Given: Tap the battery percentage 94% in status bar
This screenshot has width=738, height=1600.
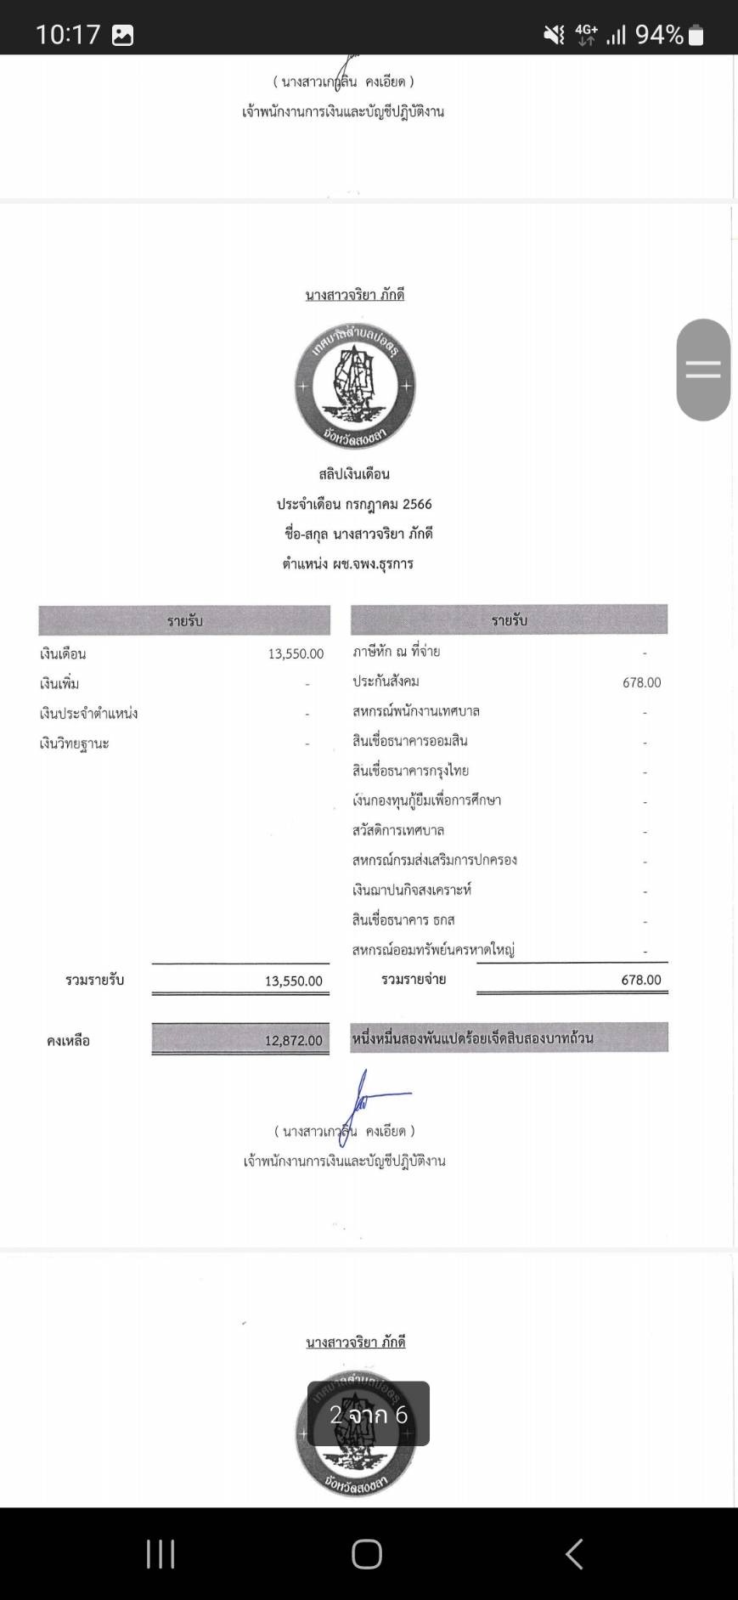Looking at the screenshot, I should pos(659,35).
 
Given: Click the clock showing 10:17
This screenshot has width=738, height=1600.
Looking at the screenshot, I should pos(68,35).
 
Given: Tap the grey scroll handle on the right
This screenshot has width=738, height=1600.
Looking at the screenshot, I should pos(703,370).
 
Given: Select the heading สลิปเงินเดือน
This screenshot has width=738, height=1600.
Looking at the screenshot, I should pos(354,474).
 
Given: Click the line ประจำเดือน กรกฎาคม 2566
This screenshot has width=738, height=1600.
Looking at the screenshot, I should pos(354,504).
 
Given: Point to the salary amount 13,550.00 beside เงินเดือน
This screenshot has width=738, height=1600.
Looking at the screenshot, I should pos(296,653).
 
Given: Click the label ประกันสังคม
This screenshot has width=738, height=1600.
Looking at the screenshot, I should pos(386,681).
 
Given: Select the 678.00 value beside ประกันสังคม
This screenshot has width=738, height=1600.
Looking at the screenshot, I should pos(641,682).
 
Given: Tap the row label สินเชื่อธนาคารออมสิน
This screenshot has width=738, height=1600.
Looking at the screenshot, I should pos(410,741).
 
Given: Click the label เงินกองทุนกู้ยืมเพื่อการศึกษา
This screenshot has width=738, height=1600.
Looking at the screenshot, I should pos(426,800).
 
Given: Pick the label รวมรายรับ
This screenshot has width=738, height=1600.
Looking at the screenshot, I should pos(95,980).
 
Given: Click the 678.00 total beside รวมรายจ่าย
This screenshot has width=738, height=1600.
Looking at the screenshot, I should pos(640,980).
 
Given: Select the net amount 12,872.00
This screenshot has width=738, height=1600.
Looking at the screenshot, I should pos(293,1040).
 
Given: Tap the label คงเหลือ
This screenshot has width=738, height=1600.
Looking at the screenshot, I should pos(68,1040).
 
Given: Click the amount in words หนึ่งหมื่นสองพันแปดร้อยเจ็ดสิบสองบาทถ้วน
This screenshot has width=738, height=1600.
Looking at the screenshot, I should pos(472,1037).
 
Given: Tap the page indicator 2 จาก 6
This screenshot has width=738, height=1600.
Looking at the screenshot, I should pos(369,1414).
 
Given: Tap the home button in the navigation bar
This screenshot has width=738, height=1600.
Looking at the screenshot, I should pos(367,1554).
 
